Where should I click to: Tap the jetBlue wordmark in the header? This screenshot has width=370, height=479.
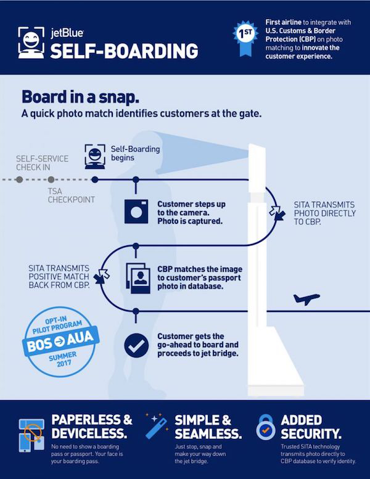click(x=67, y=33)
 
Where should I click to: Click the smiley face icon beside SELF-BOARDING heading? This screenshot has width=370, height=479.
click(x=31, y=43)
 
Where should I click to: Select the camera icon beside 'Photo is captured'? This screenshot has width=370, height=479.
click(x=136, y=211)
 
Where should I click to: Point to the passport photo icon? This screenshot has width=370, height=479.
click(x=138, y=278)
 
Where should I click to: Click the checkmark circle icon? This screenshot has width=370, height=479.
click(x=136, y=345)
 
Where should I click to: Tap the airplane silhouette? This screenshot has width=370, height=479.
click(x=306, y=298)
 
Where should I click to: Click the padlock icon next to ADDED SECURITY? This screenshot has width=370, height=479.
click(x=266, y=427)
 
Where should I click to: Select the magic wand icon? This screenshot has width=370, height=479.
click(x=157, y=427)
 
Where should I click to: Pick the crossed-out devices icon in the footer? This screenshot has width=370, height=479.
click(x=31, y=435)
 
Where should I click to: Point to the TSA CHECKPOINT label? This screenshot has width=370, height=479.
click(x=71, y=195)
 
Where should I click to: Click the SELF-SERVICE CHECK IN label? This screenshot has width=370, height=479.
click(x=42, y=163)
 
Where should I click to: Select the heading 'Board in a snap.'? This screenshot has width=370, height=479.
click(x=81, y=97)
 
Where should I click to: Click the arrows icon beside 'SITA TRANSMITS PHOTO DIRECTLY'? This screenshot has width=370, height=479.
click(x=277, y=213)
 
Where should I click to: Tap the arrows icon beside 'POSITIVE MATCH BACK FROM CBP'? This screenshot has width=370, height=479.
click(x=102, y=276)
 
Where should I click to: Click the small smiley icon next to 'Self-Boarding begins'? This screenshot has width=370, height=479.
click(x=95, y=157)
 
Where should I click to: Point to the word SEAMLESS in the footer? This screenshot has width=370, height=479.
click(x=208, y=434)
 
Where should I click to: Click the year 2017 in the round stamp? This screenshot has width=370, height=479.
click(x=64, y=363)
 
